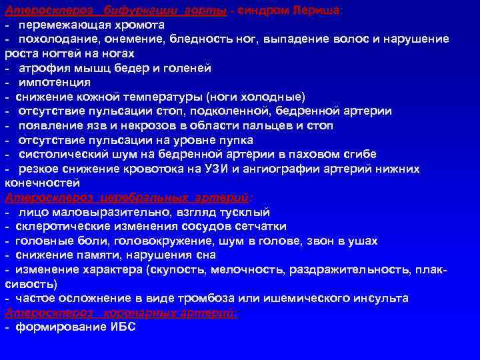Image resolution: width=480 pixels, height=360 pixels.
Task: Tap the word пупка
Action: click(x=237, y=140)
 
